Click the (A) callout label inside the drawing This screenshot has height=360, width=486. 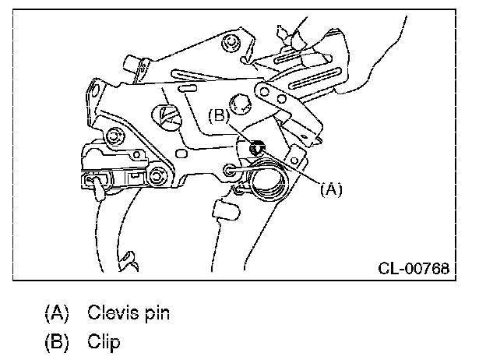[x=331, y=189]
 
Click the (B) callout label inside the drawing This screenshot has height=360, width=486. [x=219, y=115]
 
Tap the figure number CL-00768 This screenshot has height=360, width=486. [x=414, y=268]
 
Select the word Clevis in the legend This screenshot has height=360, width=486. [x=112, y=312]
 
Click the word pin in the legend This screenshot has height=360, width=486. [x=157, y=314]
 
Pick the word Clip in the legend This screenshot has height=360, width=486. [x=104, y=342]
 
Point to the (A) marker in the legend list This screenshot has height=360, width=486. [x=57, y=313]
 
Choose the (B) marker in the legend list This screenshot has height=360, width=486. [x=57, y=342]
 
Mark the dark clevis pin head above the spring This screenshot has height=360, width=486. [x=257, y=147]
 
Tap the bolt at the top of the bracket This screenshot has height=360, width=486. [x=231, y=42]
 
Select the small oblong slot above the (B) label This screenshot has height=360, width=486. [x=188, y=89]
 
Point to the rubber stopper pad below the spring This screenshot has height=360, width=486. [x=226, y=210]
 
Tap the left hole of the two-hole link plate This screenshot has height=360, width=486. [x=264, y=91]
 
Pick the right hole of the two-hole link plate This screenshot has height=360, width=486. [x=281, y=99]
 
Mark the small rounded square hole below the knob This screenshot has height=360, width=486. [x=181, y=154]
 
